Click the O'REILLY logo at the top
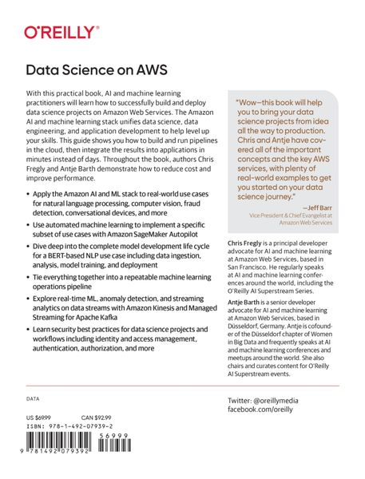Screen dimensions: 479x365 (61, 33)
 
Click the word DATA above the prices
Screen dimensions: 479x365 (33, 398)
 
